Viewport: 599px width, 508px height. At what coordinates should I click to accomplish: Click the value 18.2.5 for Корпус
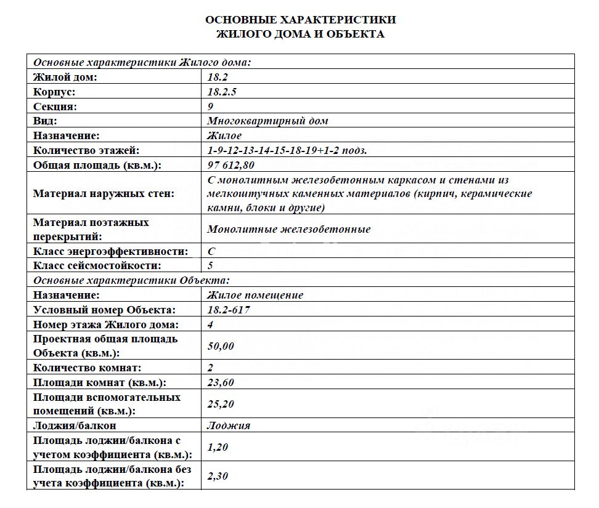pyautogui.click(x=222, y=92)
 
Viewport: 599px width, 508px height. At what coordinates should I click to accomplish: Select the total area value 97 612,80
pyautogui.click(x=231, y=165)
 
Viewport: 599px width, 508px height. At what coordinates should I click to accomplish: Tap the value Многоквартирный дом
pyautogui.click(x=268, y=121)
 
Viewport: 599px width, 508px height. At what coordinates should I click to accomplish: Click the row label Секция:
pyautogui.click(x=55, y=107)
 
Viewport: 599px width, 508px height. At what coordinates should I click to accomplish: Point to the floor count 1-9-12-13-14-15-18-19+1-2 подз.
pyautogui.click(x=287, y=150)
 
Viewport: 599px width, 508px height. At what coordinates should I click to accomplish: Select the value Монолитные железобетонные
pyautogui.click(x=289, y=229)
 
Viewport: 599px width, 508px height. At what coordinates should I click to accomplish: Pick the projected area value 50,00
pyautogui.click(x=221, y=346)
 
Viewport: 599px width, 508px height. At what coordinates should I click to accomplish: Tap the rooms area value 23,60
pyautogui.click(x=221, y=382)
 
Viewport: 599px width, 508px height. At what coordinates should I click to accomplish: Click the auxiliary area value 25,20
pyautogui.click(x=221, y=404)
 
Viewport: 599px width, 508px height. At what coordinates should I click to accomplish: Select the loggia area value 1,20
pyautogui.click(x=219, y=448)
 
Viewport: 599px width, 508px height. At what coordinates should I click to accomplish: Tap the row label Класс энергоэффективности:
pyautogui.click(x=110, y=251)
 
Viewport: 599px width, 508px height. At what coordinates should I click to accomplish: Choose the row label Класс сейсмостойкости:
pyautogui.click(x=97, y=266)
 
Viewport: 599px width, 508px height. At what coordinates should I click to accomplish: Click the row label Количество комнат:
pyautogui.click(x=88, y=368)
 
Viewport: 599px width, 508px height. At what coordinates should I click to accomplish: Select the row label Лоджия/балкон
pyautogui.click(x=75, y=425)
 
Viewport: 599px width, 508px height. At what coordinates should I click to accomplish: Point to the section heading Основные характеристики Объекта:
pyautogui.click(x=131, y=280)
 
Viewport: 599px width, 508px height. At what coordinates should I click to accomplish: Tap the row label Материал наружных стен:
pyautogui.click(x=104, y=193)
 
